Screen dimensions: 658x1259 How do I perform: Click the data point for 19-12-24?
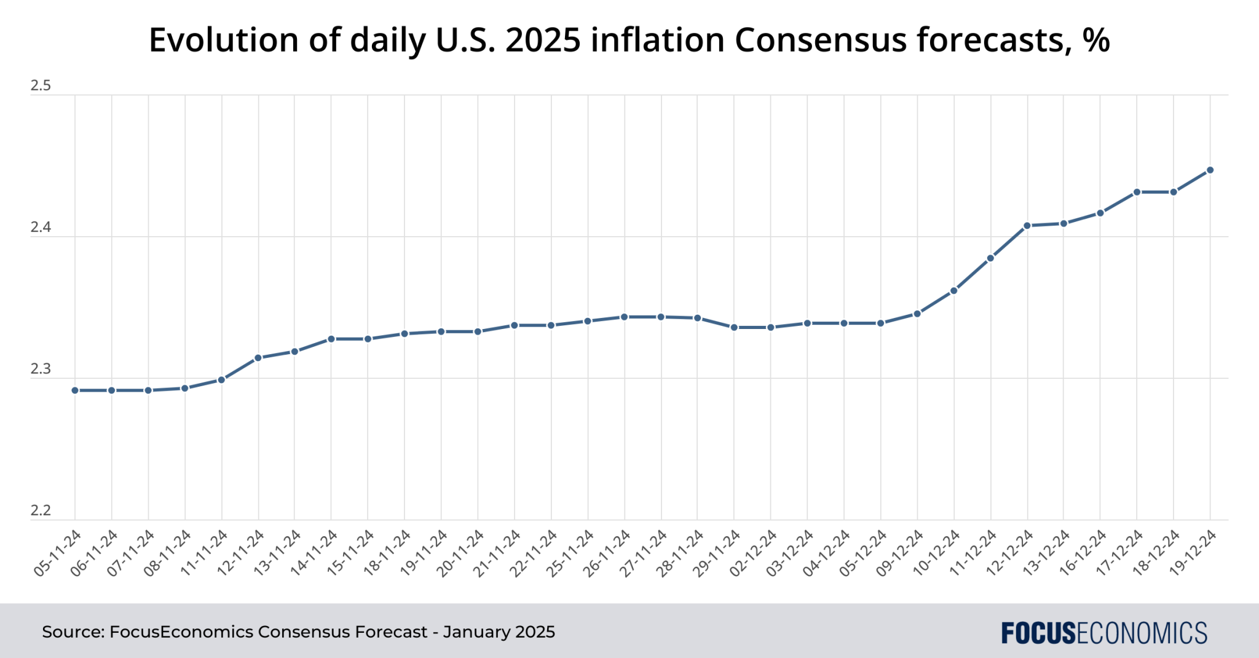pyautogui.click(x=1210, y=170)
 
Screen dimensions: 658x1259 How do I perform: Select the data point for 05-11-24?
pyautogui.click(x=75, y=390)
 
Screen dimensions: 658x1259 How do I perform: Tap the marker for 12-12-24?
pyautogui.click(x=1027, y=226)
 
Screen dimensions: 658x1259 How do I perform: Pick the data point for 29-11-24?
pyautogui.click(x=734, y=327)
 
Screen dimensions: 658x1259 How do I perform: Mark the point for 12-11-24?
pyautogui.click(x=258, y=357)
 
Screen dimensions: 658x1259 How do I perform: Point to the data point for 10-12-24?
pyautogui.click(x=953, y=290)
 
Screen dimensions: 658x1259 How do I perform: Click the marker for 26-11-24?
pyautogui.click(x=624, y=317)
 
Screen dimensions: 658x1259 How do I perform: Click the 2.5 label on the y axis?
pyautogui.click(x=41, y=86)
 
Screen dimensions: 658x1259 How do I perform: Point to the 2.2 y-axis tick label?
pyautogui.click(x=41, y=511)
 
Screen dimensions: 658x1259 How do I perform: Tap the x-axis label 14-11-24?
pyautogui.click(x=314, y=553)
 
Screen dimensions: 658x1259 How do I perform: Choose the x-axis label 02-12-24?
pyautogui.click(x=754, y=553)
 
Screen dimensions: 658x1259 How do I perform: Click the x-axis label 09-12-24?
pyautogui.click(x=900, y=553)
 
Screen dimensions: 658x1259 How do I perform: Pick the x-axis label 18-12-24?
pyautogui.click(x=1156, y=553)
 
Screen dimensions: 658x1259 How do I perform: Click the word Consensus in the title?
pyautogui.click(x=820, y=41)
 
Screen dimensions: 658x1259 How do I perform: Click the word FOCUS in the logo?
pyautogui.click(x=1039, y=633)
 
